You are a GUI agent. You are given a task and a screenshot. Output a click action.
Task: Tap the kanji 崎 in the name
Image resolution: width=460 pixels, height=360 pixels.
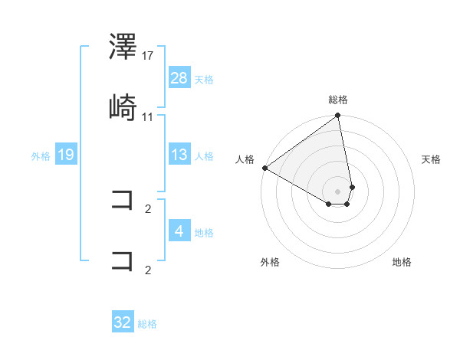click(x=123, y=109)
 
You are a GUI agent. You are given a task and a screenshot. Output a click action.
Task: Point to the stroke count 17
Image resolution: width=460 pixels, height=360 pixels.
click(x=148, y=56)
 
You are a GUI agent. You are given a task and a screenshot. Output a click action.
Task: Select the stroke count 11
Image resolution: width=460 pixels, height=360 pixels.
click(x=148, y=116)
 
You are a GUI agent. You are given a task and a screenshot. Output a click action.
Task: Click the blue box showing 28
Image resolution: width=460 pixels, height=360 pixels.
click(x=179, y=77)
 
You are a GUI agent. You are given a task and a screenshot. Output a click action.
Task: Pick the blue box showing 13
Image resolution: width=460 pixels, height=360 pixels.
click(x=179, y=155)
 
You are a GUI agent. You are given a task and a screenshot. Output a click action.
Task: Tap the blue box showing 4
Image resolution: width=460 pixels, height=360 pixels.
click(x=179, y=231)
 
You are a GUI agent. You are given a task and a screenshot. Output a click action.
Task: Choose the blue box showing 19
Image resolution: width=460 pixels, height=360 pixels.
click(x=66, y=155)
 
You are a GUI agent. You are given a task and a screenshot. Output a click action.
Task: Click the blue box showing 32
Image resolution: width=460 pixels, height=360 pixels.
click(x=123, y=322)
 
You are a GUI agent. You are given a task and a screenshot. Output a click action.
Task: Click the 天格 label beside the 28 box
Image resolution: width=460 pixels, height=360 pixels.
click(x=204, y=79)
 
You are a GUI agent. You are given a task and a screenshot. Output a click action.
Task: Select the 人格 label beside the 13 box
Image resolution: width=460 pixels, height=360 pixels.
click(x=204, y=156)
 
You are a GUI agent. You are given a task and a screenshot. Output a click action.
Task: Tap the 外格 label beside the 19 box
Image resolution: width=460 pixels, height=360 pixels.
click(x=41, y=156)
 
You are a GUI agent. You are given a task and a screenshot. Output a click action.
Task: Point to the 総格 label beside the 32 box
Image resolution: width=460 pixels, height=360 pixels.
click(x=147, y=324)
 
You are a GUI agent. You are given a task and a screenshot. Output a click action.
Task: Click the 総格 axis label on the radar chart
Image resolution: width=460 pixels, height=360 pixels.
click(x=338, y=100)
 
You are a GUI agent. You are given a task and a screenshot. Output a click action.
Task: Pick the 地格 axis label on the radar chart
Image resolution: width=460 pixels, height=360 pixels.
click(x=402, y=262)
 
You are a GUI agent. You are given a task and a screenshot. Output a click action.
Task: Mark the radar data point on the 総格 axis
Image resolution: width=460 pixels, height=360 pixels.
click(x=338, y=116)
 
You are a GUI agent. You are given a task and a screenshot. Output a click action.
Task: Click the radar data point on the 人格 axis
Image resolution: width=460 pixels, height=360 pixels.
click(x=264, y=168)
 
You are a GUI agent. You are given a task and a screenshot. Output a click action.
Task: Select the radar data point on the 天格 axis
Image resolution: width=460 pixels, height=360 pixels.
click(x=352, y=187)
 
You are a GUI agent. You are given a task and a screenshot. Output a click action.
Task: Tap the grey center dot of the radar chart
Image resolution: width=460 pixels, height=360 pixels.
click(x=338, y=191)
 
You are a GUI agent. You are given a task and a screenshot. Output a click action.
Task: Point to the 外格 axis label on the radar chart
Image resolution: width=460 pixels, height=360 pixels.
click(x=270, y=262)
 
